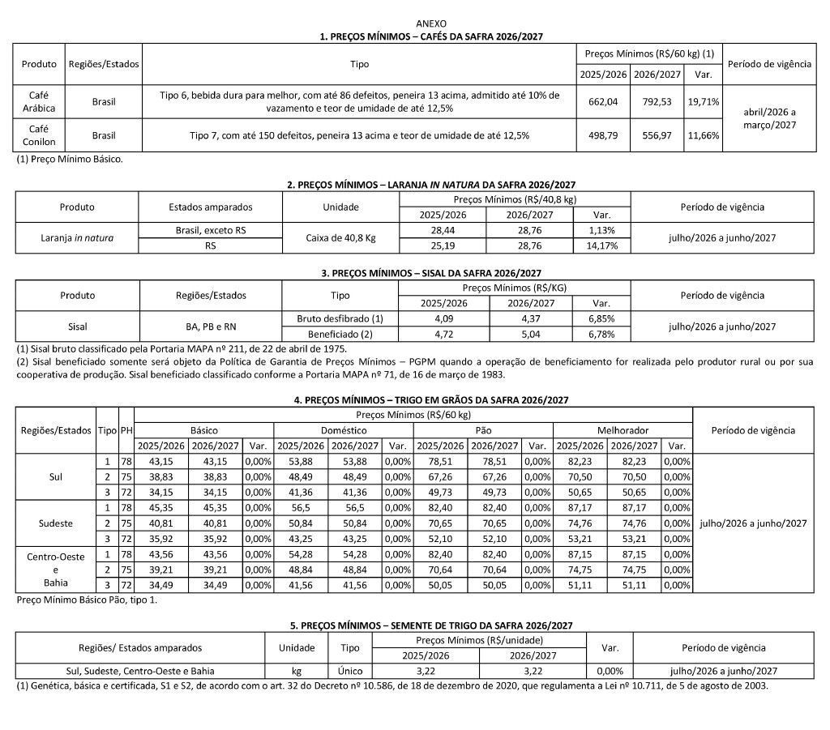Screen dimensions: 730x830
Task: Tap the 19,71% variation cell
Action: click(x=703, y=102)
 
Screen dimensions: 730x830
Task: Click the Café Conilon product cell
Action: click(x=38, y=135)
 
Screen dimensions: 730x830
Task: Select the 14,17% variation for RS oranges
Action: click(x=601, y=245)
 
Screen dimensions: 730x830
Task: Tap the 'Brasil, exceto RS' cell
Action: click(x=210, y=231)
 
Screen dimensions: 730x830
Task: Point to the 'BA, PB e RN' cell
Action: click(x=210, y=327)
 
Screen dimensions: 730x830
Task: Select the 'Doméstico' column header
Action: click(x=343, y=430)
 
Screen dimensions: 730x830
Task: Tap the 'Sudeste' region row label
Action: click(x=56, y=523)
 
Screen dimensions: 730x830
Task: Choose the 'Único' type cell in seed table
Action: click(x=349, y=671)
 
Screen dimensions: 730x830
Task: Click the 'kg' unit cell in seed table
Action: click(x=297, y=671)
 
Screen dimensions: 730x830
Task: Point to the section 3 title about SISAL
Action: click(x=414, y=273)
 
